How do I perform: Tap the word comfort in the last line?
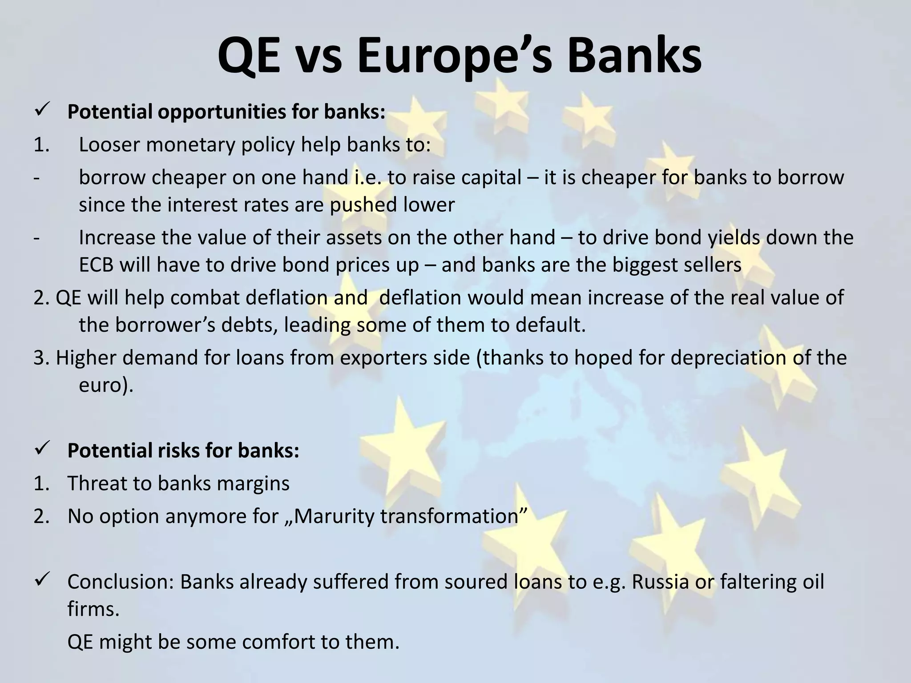(285, 642)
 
